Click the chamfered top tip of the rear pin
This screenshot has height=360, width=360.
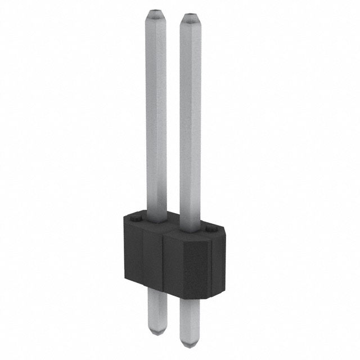point(156,13)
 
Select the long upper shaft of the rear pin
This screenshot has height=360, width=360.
point(156,112)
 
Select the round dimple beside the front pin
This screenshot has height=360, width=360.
point(210,229)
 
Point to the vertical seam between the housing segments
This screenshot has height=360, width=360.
point(163,264)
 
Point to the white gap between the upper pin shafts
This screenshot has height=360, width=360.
point(173,112)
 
